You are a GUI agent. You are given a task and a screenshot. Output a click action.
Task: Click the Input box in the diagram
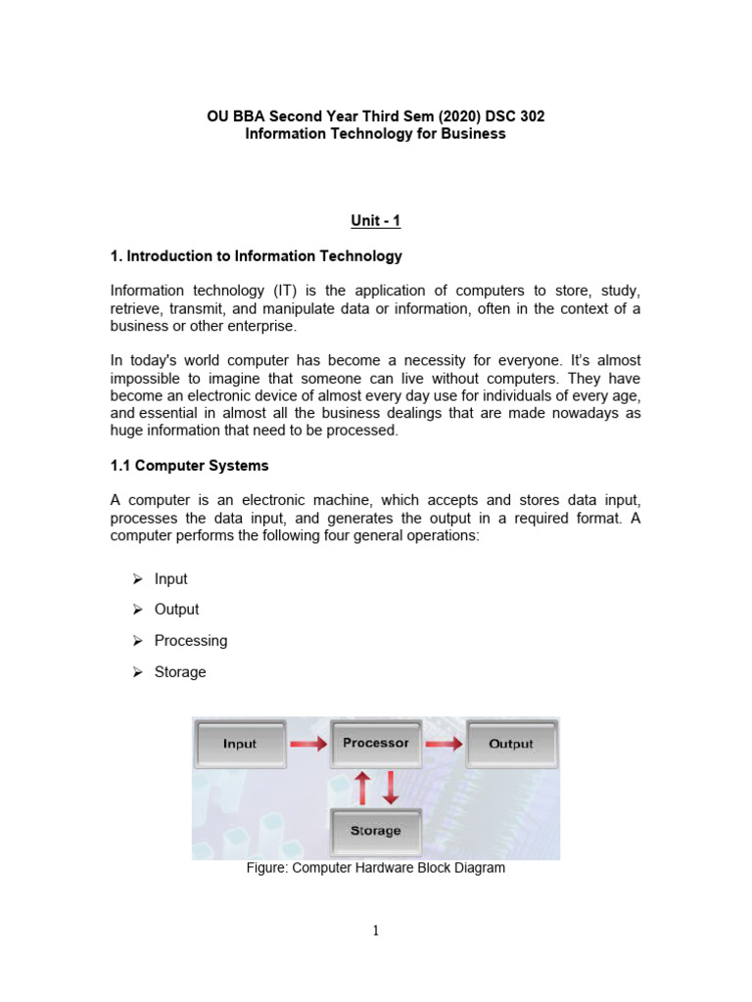point(240,745)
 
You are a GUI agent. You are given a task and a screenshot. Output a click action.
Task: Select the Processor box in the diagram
point(376,744)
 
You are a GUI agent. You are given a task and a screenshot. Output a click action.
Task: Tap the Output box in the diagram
point(511,745)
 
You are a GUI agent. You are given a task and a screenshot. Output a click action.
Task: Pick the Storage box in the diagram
point(376,831)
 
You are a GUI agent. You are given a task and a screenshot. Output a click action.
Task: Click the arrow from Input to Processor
point(308,745)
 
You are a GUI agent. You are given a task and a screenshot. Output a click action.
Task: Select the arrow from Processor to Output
point(444,745)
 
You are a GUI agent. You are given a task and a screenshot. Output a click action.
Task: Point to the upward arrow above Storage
point(361,788)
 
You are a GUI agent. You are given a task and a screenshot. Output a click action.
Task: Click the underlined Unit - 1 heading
point(375,221)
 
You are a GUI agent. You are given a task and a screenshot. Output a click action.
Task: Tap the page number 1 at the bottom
point(375,931)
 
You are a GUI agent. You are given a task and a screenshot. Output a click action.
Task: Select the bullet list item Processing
point(190,641)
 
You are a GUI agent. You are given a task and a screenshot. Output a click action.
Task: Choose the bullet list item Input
point(170,579)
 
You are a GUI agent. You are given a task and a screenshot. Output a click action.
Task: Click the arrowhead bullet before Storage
point(137,672)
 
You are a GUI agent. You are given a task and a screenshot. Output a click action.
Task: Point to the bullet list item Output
point(176,610)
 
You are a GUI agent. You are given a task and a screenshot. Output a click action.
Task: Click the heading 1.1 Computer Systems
point(189,466)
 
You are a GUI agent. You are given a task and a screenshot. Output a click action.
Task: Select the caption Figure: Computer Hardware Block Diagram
point(376,868)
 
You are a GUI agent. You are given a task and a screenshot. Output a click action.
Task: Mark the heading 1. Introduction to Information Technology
point(256,256)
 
